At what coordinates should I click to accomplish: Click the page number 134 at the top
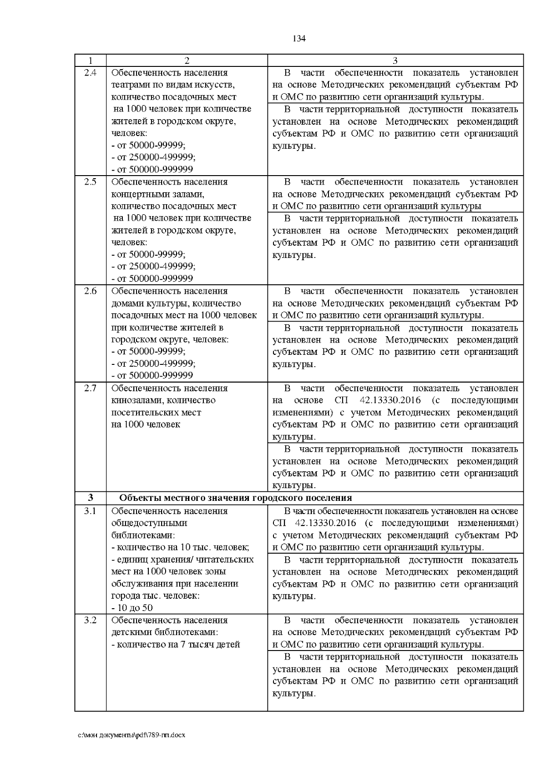pyautogui.click(x=299, y=39)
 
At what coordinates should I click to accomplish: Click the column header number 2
pyautogui.click(x=187, y=61)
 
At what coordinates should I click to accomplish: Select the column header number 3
pyautogui.click(x=395, y=61)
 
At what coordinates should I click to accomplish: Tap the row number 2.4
pyautogui.click(x=91, y=73)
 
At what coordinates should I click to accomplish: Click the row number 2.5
pyautogui.click(x=91, y=182)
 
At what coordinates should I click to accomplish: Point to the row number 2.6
pyautogui.click(x=91, y=291)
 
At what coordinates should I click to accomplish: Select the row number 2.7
pyautogui.click(x=91, y=389)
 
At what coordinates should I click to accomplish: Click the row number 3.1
pyautogui.click(x=91, y=511)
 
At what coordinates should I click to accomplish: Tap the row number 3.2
pyautogui.click(x=91, y=621)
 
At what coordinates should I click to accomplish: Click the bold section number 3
pyautogui.click(x=91, y=498)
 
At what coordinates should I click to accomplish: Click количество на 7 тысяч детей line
pyautogui.click(x=176, y=645)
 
